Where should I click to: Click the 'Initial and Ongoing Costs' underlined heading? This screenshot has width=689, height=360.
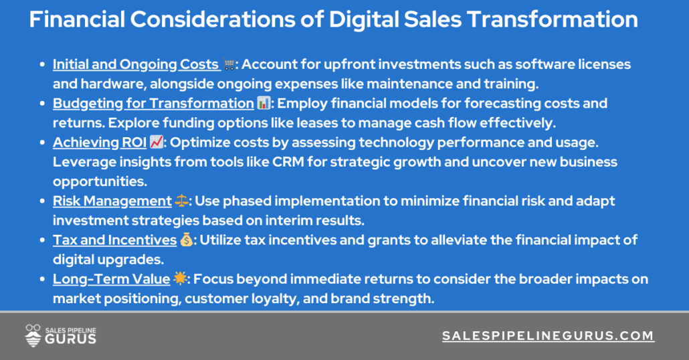[x=136, y=65]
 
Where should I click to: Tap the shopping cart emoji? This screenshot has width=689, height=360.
[x=229, y=65]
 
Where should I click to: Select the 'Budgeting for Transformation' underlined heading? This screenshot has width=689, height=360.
[x=153, y=104]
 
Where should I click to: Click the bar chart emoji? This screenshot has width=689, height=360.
[x=263, y=104]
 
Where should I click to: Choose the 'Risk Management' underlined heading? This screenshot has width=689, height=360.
[x=112, y=201]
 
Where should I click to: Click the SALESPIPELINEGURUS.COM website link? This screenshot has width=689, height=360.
[x=548, y=336]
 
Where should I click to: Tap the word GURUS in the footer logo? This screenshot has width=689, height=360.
[x=70, y=339]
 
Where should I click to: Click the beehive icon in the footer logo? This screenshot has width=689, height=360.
[x=33, y=335]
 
